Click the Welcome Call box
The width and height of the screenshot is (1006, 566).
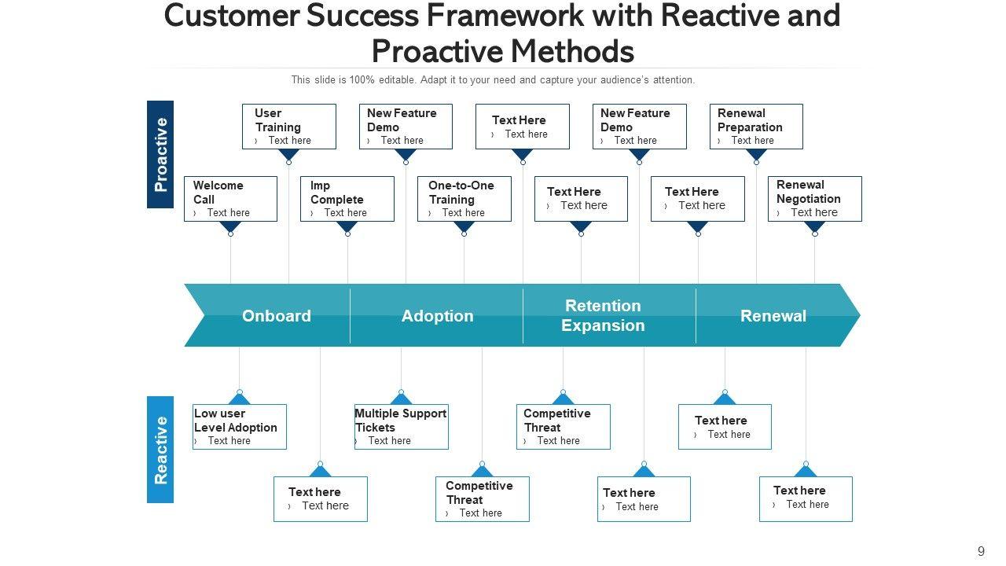230,199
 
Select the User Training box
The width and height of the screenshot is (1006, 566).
288,127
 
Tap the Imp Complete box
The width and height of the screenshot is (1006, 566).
347,199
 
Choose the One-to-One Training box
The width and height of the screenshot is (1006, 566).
464,199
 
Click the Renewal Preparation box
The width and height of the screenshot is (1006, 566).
755,127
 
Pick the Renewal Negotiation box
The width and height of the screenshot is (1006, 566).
814,199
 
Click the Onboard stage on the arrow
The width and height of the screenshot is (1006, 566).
276,316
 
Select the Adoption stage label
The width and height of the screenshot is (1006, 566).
437,316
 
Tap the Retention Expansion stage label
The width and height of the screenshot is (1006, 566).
603,316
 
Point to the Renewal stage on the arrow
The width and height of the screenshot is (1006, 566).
773,316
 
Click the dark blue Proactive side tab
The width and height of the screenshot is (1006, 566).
160,154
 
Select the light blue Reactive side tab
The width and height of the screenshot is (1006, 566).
160,450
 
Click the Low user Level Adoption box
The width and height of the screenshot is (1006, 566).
239,427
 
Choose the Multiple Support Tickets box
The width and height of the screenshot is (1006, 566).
401,427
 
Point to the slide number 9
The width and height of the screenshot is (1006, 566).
981,552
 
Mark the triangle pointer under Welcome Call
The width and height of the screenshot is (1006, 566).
230,227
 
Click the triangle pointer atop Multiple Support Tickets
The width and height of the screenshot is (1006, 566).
401,399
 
